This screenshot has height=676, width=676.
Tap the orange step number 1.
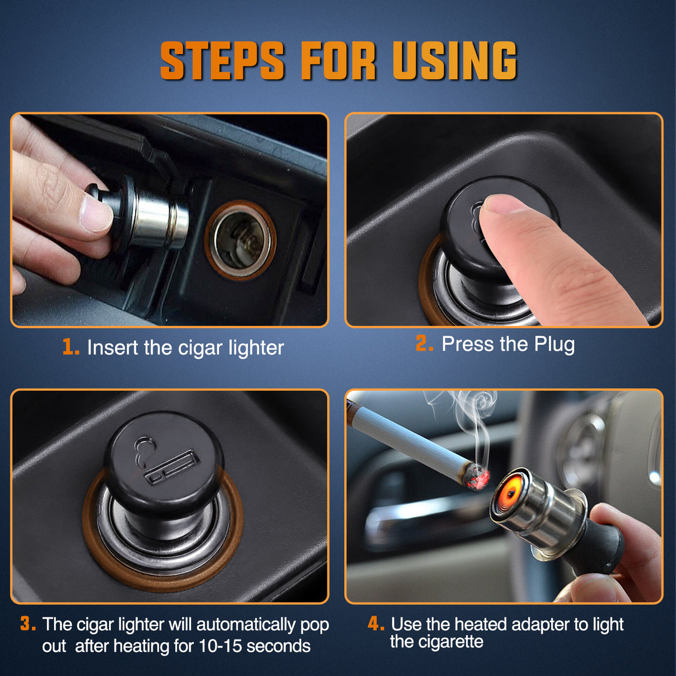click(x=70, y=347)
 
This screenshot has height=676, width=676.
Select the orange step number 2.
click(x=424, y=344)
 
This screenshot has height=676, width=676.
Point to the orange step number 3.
click(x=28, y=624)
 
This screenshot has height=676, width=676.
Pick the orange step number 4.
click(x=376, y=623)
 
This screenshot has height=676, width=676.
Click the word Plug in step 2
click(x=554, y=345)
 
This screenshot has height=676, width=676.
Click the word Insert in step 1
click(x=113, y=347)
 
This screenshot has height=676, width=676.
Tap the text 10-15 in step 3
click(x=220, y=646)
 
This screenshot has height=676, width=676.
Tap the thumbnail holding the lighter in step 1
click(x=95, y=214)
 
